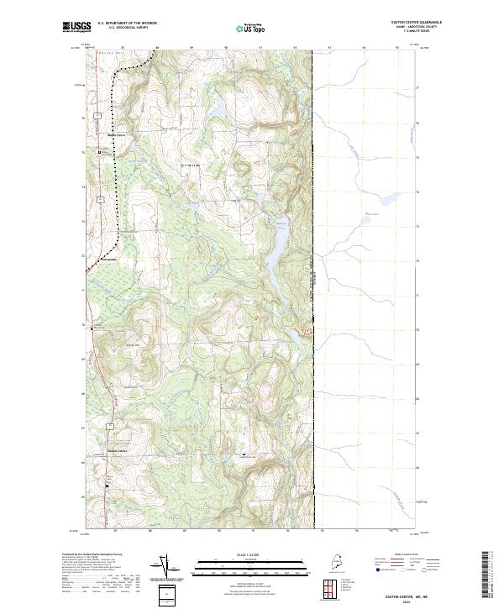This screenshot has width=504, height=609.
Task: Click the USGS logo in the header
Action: [x=77, y=28]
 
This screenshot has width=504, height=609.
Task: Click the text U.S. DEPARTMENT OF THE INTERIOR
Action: [x=127, y=24]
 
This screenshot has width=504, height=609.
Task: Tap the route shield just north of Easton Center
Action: [x=110, y=427]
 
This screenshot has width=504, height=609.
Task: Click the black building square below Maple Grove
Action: [x=100, y=152]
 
